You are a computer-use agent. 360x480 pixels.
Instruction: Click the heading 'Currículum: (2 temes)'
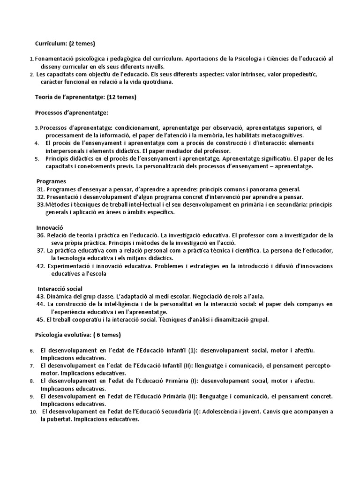65,44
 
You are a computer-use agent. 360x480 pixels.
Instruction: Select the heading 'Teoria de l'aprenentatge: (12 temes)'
86,97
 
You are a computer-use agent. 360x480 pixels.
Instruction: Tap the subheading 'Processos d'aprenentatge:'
72,112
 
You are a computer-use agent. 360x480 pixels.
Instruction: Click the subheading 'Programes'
52,181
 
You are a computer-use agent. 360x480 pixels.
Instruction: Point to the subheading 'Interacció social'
61,288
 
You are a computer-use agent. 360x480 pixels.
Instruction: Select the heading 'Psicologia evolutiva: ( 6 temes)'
78,335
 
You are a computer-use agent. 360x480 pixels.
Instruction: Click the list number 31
40,189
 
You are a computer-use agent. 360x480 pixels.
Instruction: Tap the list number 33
40,204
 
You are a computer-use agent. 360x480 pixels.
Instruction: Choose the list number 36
40,235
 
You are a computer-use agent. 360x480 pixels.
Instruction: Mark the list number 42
40,266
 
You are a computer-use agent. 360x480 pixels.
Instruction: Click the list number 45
40,320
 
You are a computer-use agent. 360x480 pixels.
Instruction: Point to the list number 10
32,412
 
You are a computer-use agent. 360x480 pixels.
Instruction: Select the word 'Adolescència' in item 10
223,412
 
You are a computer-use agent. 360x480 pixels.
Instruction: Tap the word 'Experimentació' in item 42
69,266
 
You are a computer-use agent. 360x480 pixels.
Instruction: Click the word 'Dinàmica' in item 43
60,296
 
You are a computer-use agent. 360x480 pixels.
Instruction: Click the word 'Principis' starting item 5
58,158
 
